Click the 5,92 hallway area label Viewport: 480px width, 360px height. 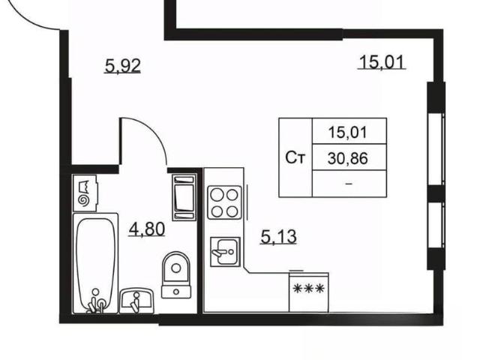(x=123, y=66)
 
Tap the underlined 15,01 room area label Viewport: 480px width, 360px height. (x=382, y=62)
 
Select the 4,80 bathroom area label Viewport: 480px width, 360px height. (x=147, y=229)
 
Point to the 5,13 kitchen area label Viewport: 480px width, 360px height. (x=278, y=237)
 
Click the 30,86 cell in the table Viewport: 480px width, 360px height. (x=348, y=158)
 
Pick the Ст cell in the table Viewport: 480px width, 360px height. (x=295, y=158)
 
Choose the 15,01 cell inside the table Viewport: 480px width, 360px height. (x=348, y=133)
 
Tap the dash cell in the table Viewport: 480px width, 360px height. (x=349, y=184)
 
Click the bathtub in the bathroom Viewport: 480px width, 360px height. (x=95, y=263)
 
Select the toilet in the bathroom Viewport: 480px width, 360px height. (x=176, y=275)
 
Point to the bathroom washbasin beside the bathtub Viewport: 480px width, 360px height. (x=136, y=301)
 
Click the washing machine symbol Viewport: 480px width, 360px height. (x=85, y=193)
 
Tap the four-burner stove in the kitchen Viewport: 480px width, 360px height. (x=224, y=202)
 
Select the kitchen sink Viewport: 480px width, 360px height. (x=225, y=252)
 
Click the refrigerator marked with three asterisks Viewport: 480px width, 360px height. (x=308, y=292)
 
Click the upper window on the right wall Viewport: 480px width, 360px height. (x=436, y=149)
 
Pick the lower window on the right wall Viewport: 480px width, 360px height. (x=436, y=225)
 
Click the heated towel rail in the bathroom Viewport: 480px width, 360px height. (x=184, y=197)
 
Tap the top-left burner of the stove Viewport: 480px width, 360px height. (x=217, y=195)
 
